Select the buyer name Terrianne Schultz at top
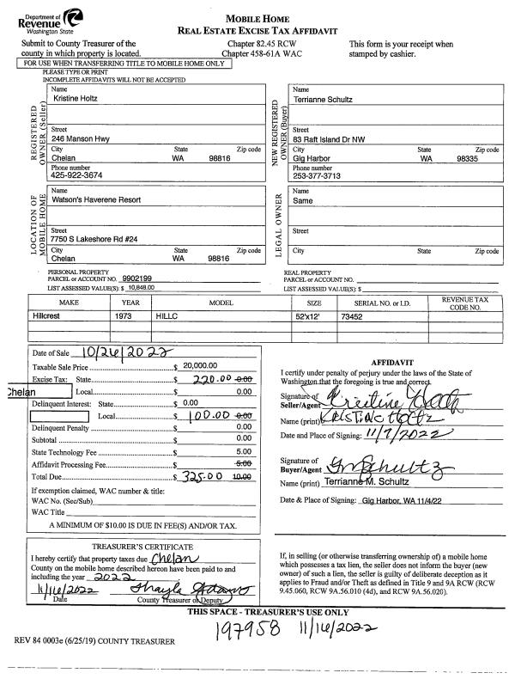pos(323,100)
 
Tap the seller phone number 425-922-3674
pos(76,174)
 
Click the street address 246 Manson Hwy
pos(82,137)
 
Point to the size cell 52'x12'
pos(308,316)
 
